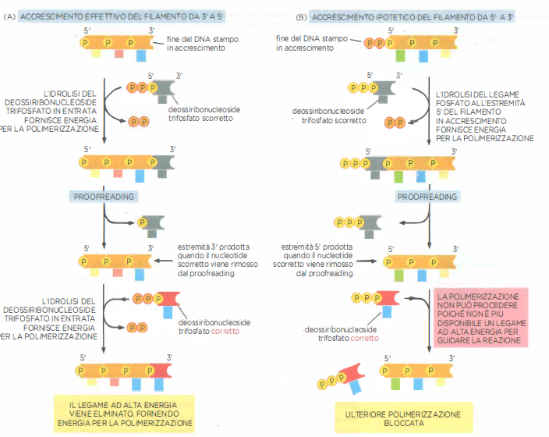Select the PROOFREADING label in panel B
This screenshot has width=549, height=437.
427,197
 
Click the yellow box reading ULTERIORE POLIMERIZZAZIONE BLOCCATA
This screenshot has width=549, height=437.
403,417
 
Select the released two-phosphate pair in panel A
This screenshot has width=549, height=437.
139,121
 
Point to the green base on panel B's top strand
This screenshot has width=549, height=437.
399,56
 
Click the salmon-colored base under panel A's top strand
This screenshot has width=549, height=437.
119,55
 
